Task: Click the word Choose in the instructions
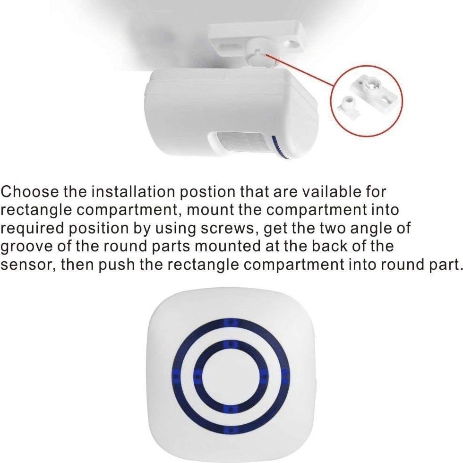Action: (x=30, y=193)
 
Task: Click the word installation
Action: (x=132, y=193)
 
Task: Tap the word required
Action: (x=32, y=229)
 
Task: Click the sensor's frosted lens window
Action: (x=241, y=144)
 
